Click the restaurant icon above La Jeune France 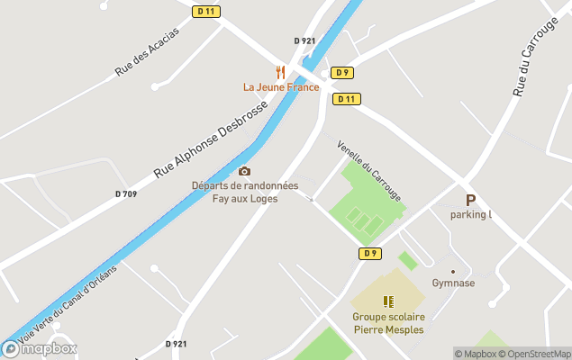point(280,71)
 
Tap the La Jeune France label point(281,87)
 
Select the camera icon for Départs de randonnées point(244,171)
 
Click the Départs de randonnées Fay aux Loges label point(244,192)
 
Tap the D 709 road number point(126,194)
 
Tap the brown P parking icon point(469,201)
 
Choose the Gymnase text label point(453,283)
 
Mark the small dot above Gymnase point(453,271)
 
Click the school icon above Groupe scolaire point(388,301)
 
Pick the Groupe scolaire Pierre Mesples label point(388,323)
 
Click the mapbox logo point(40,348)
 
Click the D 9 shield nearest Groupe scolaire point(369,254)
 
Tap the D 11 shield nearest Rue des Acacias point(205,11)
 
